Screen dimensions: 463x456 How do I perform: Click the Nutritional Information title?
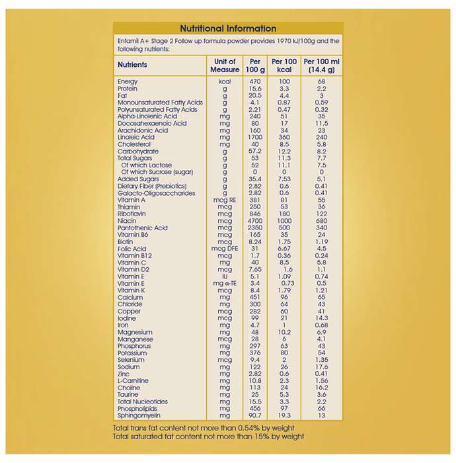tap(228, 28)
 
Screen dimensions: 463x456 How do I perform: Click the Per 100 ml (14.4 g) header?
tap(321, 65)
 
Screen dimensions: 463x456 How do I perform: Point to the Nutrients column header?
tap(132, 65)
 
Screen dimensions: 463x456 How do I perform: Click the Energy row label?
tap(128, 81)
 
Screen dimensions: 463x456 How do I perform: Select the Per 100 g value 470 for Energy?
tap(255, 81)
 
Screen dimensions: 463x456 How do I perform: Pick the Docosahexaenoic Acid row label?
tap(152, 123)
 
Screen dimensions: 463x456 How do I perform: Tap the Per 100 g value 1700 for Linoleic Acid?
tap(255, 137)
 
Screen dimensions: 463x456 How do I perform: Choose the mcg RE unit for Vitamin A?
tap(225, 200)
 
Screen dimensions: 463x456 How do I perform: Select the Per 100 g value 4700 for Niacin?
tap(255, 221)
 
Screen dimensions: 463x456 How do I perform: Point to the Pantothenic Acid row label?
tap(143, 228)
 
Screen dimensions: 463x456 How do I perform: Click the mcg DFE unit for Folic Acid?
tap(225, 249)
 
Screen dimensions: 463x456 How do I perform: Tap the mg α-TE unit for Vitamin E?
tap(225, 283)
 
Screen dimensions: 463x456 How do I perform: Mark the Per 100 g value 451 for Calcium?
tap(255, 297)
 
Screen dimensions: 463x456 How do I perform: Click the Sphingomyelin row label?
tap(139, 415)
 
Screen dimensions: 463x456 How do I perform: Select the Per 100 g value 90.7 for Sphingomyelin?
tap(255, 415)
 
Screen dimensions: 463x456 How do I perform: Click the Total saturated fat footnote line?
tap(209, 437)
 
